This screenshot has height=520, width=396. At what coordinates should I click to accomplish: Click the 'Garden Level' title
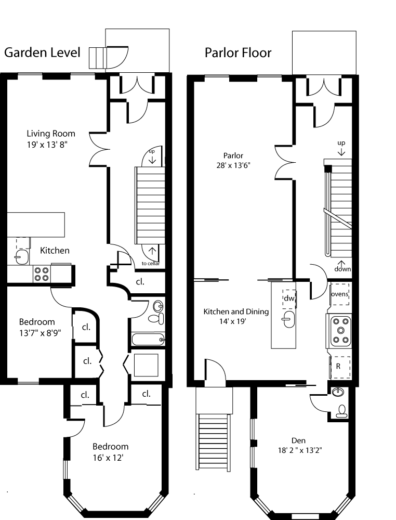click(x=42, y=53)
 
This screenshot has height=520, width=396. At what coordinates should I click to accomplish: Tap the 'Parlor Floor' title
click(x=238, y=53)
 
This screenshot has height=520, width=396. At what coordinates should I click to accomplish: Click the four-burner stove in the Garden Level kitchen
click(x=42, y=274)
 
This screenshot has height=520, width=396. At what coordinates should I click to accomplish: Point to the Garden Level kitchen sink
click(x=22, y=256)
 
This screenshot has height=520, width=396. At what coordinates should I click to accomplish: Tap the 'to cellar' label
click(x=151, y=263)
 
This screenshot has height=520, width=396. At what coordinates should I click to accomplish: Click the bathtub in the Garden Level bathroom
click(x=148, y=340)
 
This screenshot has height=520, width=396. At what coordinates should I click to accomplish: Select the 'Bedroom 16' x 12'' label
click(x=110, y=452)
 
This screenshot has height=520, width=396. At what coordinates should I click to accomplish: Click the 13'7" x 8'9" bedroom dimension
click(x=40, y=333)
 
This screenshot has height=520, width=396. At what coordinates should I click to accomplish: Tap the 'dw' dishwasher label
click(x=289, y=298)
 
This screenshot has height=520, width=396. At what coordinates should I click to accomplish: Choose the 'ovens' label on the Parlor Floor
click(x=340, y=294)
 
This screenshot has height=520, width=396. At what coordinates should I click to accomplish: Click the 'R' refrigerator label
click(x=338, y=367)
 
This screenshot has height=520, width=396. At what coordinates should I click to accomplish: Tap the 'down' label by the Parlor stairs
click(x=342, y=269)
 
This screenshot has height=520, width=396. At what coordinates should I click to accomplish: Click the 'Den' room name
click(x=298, y=440)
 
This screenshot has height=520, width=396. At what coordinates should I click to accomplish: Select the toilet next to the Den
click(x=342, y=411)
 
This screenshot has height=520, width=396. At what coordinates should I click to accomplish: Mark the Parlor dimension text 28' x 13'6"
click(x=233, y=165)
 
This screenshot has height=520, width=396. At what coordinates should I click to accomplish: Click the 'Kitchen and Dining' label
click(x=236, y=311)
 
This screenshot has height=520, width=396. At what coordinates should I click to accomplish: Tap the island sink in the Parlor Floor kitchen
click(x=288, y=319)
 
